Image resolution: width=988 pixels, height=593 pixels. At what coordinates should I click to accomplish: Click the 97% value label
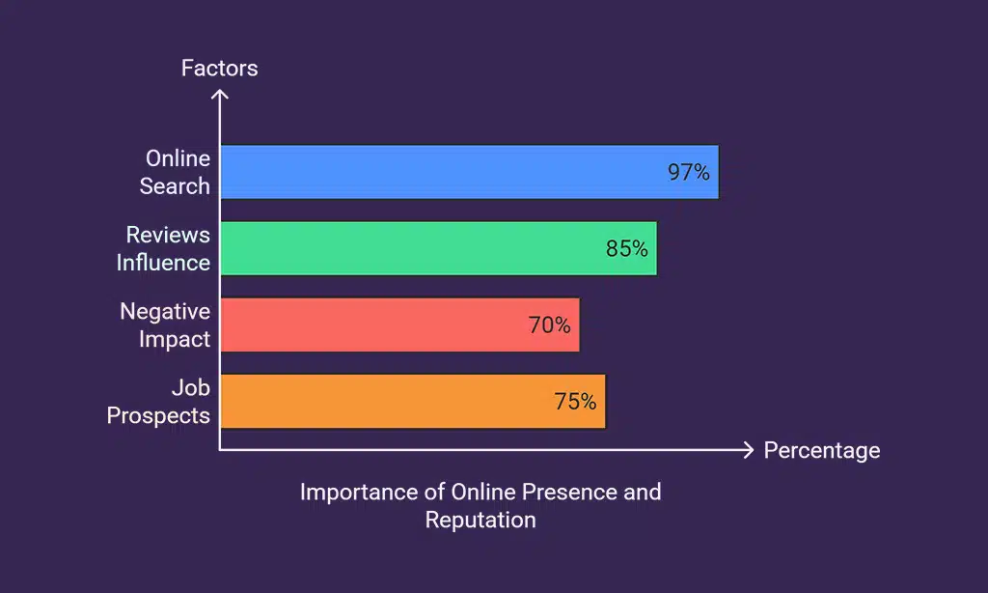(x=688, y=173)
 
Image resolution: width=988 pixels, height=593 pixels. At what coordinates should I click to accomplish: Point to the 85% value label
(x=626, y=249)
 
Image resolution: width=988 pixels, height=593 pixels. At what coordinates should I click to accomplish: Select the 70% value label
(x=549, y=325)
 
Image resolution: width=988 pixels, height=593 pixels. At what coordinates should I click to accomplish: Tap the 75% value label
(x=575, y=402)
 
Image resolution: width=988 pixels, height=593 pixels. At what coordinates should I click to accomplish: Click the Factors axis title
(x=220, y=69)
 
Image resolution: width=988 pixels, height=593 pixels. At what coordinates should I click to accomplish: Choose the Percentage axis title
(x=821, y=450)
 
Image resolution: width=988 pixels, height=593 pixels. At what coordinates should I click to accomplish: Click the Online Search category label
(x=176, y=172)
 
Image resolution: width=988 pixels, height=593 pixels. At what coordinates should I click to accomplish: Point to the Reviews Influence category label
(x=164, y=248)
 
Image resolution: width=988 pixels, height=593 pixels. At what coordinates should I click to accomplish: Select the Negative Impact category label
(x=165, y=325)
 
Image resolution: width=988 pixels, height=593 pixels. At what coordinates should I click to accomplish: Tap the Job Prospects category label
(x=159, y=401)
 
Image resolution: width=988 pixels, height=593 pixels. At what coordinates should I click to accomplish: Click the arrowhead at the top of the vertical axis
(x=220, y=95)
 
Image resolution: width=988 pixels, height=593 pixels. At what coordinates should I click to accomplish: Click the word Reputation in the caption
(x=480, y=520)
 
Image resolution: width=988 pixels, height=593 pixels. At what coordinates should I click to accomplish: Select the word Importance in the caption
(x=359, y=491)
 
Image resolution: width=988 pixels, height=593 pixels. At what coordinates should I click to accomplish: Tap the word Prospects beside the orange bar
(x=159, y=415)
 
